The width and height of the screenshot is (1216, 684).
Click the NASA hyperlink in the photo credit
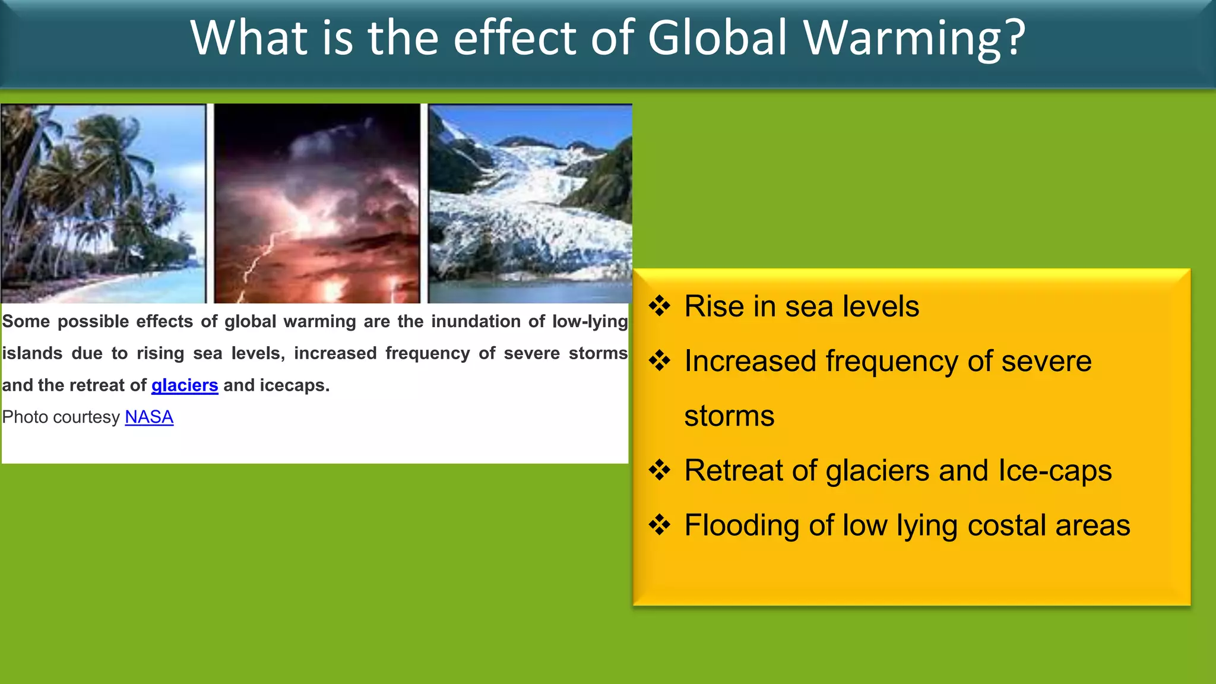(149, 417)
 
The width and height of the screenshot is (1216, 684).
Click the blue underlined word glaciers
(185, 386)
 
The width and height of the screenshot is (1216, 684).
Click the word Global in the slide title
(717, 38)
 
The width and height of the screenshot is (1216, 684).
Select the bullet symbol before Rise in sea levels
(659, 306)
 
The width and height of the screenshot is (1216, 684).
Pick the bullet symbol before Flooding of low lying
(659, 525)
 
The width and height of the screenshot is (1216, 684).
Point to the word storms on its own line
(729, 416)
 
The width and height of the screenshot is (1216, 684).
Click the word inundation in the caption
(476, 322)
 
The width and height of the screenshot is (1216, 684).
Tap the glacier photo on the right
(530, 203)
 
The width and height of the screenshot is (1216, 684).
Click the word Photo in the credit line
(24, 417)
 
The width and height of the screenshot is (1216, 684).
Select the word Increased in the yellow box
(750, 362)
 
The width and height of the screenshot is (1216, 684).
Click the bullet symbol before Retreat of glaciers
(659, 470)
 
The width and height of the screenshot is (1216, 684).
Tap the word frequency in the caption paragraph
(427, 354)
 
